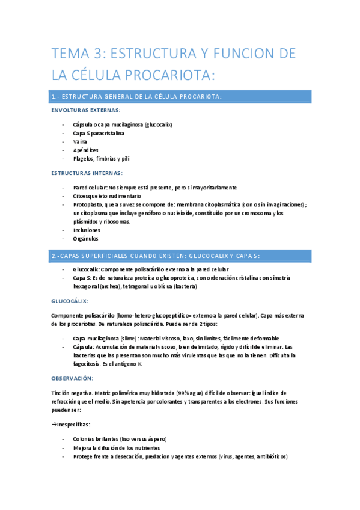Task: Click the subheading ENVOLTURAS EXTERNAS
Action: click(85, 111)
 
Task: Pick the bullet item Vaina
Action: click(79, 141)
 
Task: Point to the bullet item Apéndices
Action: click(85, 150)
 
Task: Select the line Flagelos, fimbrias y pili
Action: click(101, 159)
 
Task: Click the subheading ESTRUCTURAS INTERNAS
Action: click(87, 173)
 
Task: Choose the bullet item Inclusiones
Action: click(87, 230)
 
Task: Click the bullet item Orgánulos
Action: click(86, 239)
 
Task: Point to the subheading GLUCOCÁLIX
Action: click(69, 300)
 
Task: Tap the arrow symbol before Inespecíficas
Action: click(55, 424)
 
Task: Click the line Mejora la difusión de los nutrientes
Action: click(117, 448)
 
